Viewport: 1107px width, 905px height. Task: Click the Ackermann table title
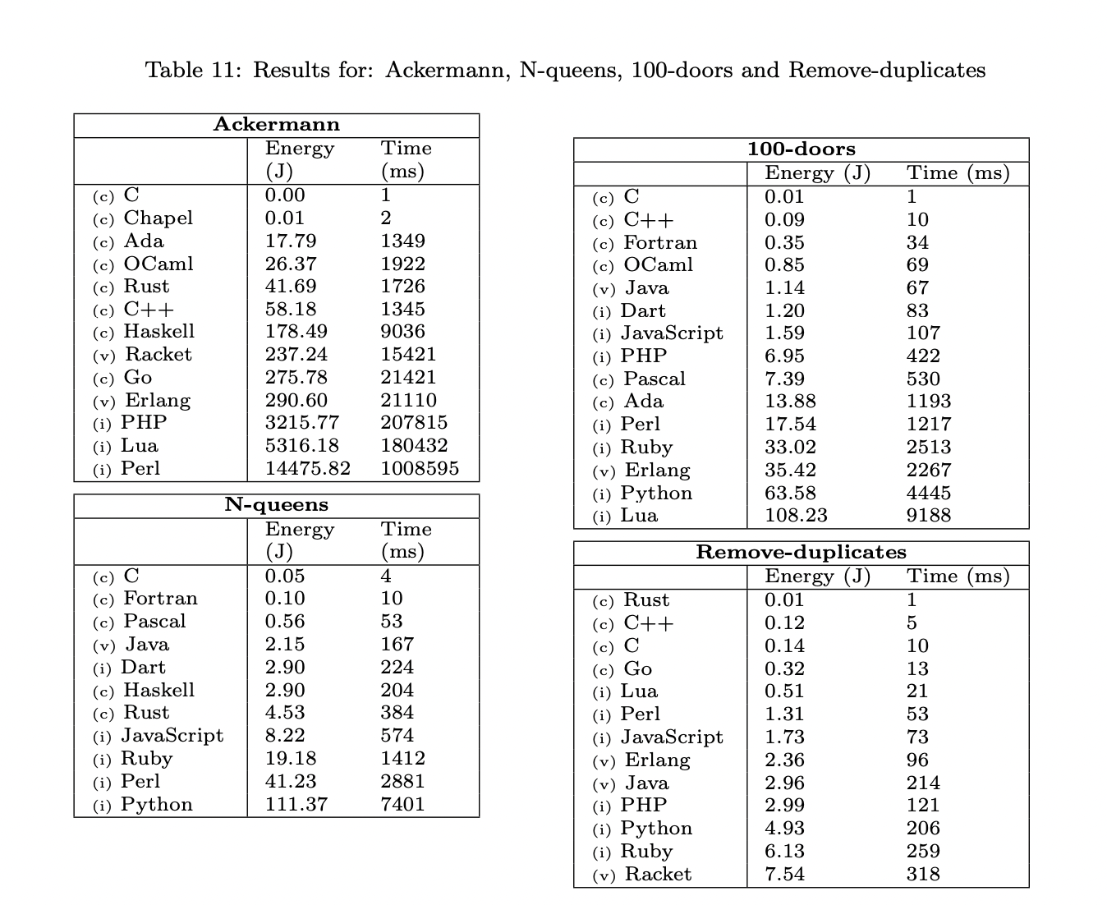(276, 125)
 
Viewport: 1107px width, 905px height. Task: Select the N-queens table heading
(276, 505)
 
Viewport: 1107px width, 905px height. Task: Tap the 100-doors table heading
(801, 149)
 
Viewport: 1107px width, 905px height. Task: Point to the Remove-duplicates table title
(801, 552)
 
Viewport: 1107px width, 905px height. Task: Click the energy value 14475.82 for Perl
(307, 469)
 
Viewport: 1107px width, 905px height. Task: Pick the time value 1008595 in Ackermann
(420, 469)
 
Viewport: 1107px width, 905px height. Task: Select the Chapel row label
(158, 218)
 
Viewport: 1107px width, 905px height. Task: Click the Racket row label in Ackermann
(158, 355)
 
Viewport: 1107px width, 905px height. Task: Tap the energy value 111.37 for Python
(296, 805)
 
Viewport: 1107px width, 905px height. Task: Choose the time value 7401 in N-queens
(402, 805)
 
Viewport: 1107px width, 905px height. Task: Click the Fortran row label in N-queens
(160, 599)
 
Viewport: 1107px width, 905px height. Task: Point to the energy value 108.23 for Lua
(796, 516)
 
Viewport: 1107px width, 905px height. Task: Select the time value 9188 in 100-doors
(929, 516)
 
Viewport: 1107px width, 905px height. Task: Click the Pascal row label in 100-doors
(654, 379)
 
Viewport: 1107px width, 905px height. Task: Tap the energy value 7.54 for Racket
(784, 875)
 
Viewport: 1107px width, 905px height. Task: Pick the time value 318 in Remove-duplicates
(923, 875)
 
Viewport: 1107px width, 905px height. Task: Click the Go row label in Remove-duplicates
(637, 669)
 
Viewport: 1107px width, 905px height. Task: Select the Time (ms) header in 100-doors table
(958, 173)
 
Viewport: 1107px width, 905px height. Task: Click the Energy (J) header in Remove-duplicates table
(817, 577)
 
